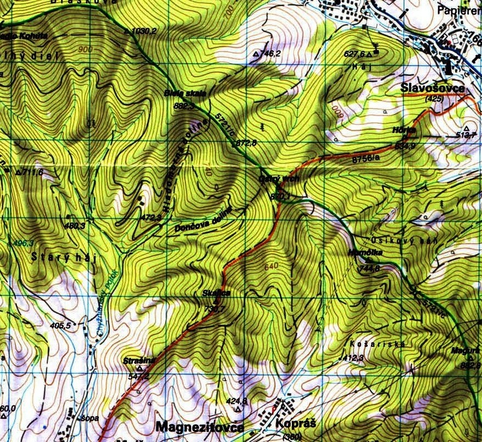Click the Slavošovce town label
tap(433, 89)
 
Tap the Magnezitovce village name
tap(200, 427)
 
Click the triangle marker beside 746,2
tap(256, 54)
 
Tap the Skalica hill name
tap(215, 294)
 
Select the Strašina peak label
tap(140, 360)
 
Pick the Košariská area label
tap(377, 344)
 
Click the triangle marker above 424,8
tap(238, 410)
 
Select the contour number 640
tap(271, 267)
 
